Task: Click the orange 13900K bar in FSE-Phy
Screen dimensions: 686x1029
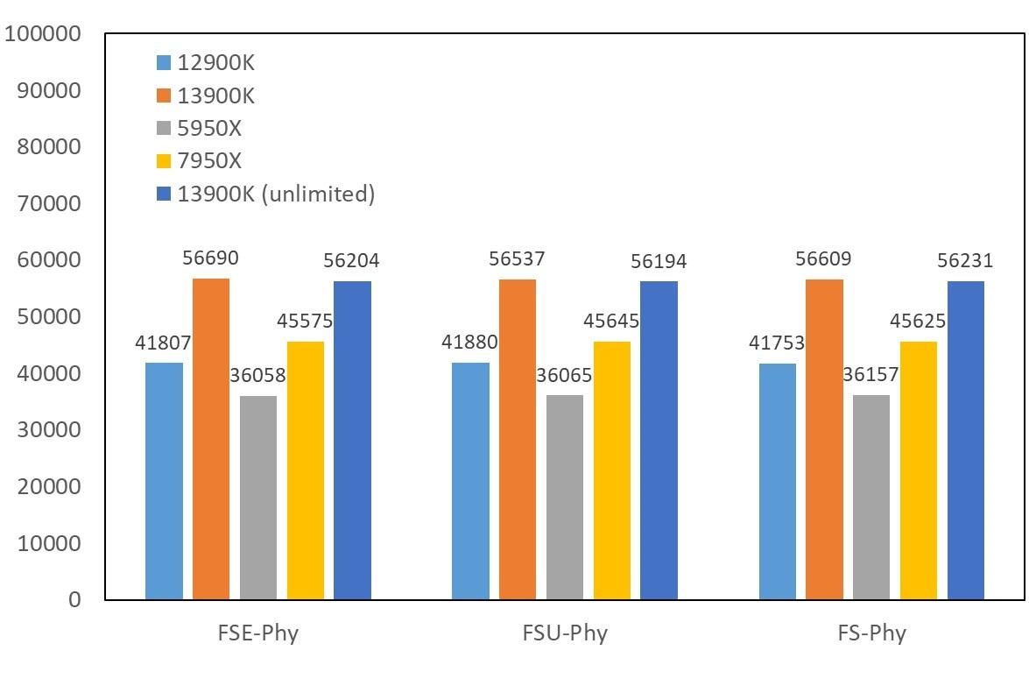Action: coord(211,438)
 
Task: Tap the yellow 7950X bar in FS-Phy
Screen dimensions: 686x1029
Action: coord(919,470)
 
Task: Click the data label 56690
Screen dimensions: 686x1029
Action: coord(210,258)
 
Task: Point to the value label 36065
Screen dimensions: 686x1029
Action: coord(564,376)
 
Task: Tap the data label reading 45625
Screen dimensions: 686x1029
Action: coord(918,322)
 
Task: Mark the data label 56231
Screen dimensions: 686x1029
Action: coord(965,261)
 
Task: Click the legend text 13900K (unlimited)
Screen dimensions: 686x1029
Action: coord(276,194)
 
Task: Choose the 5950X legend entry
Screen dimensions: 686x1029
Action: coord(209,129)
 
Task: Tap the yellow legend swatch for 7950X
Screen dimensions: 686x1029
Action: coord(164,161)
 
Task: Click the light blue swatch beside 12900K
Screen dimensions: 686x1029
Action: coord(164,63)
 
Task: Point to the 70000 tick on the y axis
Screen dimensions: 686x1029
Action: coord(49,203)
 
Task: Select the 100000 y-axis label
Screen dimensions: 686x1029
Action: coord(43,33)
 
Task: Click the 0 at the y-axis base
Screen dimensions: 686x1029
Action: coord(74,600)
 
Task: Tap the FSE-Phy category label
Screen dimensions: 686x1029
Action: coord(258,633)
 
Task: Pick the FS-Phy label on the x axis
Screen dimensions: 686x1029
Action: coord(870,633)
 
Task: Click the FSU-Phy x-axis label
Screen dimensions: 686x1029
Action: coord(565,633)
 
